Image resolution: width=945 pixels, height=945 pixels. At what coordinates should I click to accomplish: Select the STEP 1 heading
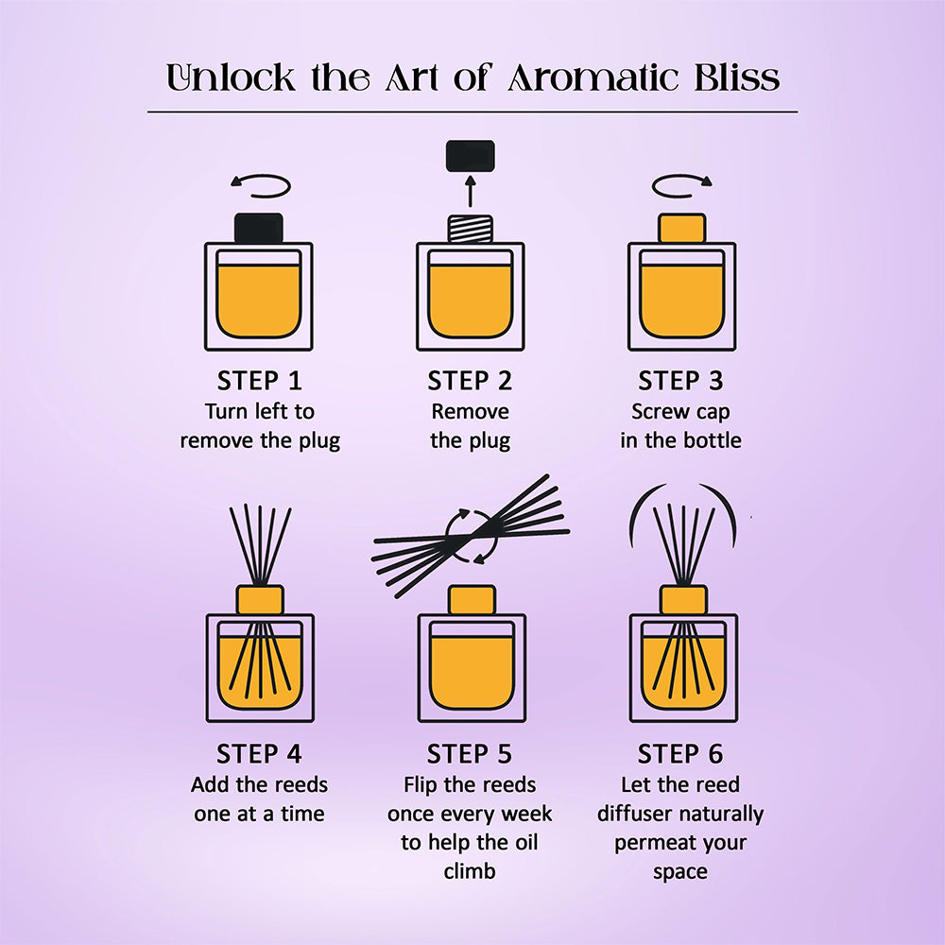pyautogui.click(x=259, y=381)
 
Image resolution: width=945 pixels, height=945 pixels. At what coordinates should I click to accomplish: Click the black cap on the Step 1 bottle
pyautogui.click(x=259, y=228)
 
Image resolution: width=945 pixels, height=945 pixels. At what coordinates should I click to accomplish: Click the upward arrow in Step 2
pyautogui.click(x=471, y=193)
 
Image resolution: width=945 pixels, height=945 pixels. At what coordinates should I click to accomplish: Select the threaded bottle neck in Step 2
pyautogui.click(x=471, y=230)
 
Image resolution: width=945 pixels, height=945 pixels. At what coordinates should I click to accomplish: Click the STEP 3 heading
pyautogui.click(x=680, y=381)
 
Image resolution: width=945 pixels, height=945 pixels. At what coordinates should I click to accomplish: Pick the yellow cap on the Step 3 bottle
pyautogui.click(x=681, y=229)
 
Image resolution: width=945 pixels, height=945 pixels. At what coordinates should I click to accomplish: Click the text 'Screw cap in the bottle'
pyautogui.click(x=680, y=426)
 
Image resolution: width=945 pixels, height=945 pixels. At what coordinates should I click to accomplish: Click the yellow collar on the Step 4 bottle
pyautogui.click(x=259, y=600)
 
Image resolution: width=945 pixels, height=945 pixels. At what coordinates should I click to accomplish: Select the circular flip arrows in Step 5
pyautogui.click(x=472, y=535)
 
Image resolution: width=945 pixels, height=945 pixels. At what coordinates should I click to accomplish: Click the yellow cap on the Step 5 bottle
pyautogui.click(x=472, y=600)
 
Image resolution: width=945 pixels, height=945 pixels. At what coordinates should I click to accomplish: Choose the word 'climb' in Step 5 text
pyautogui.click(x=470, y=870)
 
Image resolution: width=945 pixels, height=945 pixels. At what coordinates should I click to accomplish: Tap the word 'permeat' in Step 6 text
pyautogui.click(x=654, y=842)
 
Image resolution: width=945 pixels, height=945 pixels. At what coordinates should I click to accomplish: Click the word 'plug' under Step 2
pyautogui.click(x=489, y=440)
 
